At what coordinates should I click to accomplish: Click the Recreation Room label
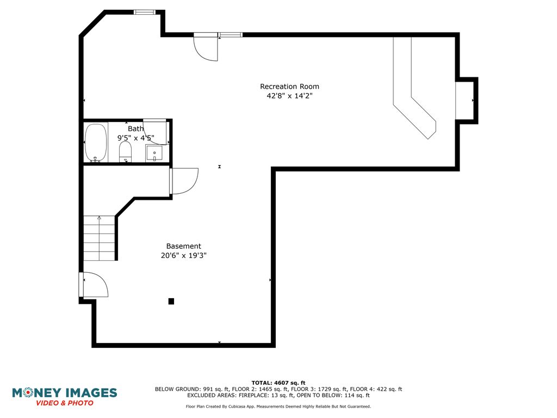[x=289, y=87]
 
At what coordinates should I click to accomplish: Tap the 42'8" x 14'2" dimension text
[x=289, y=96]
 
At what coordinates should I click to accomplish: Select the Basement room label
[x=184, y=246]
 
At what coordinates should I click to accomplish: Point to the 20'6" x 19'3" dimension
[x=184, y=255]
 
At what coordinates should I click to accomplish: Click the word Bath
[x=135, y=128]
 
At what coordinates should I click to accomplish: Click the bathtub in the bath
[x=96, y=143]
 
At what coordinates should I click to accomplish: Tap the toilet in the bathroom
[x=125, y=152]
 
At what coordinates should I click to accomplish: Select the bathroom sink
[x=154, y=153]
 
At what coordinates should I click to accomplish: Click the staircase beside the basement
[x=99, y=238]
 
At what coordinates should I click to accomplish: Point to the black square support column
[x=171, y=302]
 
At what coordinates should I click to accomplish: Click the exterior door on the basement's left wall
[x=93, y=284]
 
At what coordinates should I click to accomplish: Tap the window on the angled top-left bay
[x=145, y=12]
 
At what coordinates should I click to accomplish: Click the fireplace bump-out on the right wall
[x=467, y=101]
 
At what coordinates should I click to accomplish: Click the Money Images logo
[x=64, y=397]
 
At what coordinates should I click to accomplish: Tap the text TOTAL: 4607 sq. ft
[x=278, y=383]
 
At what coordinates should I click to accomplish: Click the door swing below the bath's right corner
[x=184, y=181]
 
